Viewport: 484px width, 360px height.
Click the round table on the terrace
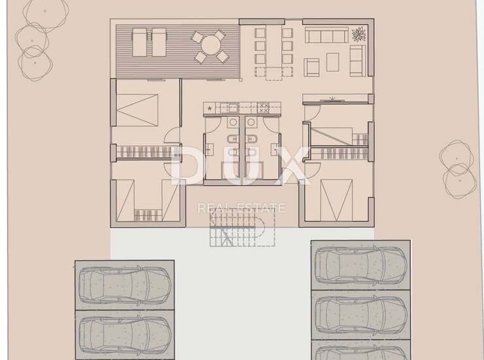tap(211, 46)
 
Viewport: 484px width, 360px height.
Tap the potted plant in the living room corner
tap(358, 34)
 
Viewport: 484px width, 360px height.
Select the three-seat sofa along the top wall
tap(326, 35)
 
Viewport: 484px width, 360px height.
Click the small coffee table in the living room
tap(332, 62)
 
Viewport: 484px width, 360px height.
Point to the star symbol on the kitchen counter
tap(210, 108)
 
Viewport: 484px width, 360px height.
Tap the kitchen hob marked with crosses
tap(263, 108)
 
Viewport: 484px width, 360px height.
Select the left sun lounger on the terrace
tap(140, 43)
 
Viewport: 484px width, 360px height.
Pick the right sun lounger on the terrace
tap(160, 43)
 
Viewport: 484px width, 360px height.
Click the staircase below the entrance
tap(243, 227)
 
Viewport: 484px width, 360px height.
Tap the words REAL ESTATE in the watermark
tap(241, 208)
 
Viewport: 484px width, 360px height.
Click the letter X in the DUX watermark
tap(293, 166)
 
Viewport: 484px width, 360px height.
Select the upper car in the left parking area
tap(125, 285)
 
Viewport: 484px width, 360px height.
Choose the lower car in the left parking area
tap(125, 334)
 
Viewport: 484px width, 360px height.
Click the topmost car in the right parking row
tap(360, 265)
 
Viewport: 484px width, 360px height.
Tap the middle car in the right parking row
tap(360, 315)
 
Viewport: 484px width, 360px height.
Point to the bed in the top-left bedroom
tap(137, 111)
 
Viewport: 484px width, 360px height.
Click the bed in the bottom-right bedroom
tap(336, 200)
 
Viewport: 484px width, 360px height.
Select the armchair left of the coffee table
tap(311, 67)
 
